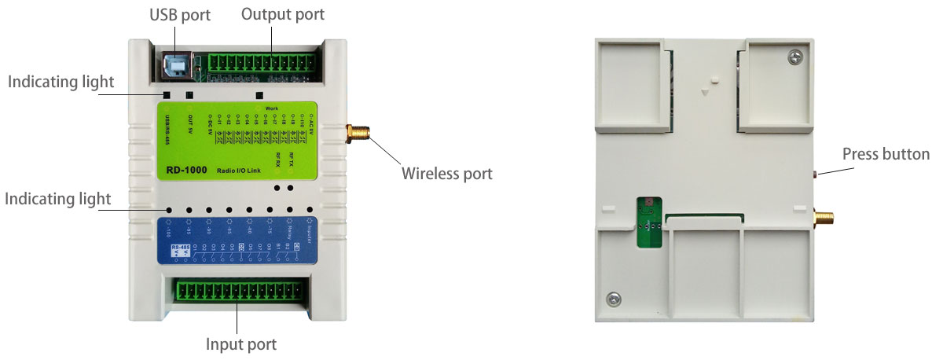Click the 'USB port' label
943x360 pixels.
[180, 16]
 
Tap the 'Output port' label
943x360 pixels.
[282, 14]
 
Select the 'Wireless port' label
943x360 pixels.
[446, 174]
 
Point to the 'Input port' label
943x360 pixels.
[241, 344]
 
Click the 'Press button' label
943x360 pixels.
[886, 154]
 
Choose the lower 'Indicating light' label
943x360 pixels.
[58, 199]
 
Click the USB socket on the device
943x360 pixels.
[178, 65]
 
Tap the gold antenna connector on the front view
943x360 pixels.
[356, 134]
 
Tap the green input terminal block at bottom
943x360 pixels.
[239, 290]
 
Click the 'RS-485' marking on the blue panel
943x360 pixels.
[178, 248]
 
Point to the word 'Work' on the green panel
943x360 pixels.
[272, 108]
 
